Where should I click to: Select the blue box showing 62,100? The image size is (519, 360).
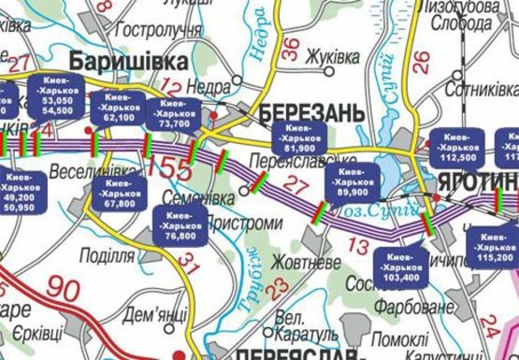point(119,108)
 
